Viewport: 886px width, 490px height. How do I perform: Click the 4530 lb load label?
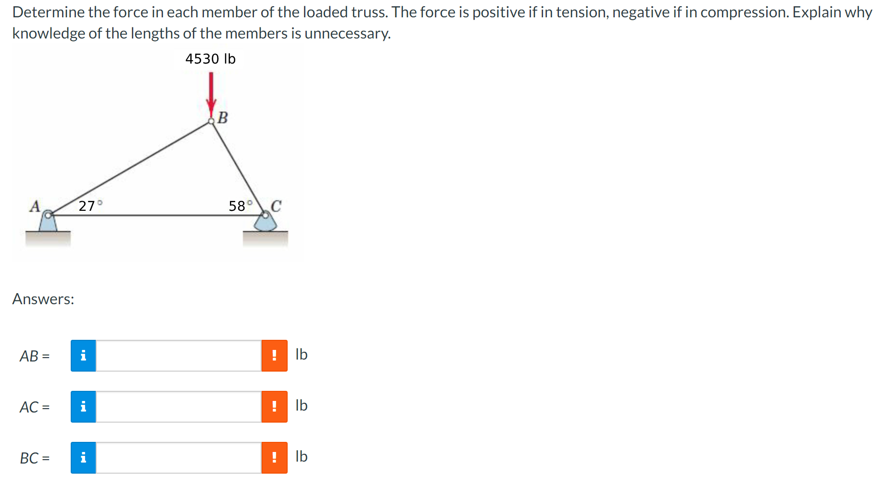[210, 59]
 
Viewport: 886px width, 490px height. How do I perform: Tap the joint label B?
[222, 117]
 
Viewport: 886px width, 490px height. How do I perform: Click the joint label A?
[35, 206]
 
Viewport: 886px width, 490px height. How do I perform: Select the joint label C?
[276, 206]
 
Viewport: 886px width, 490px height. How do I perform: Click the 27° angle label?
[90, 206]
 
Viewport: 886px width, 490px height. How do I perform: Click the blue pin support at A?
[48, 222]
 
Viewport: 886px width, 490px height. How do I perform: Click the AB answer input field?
[178, 356]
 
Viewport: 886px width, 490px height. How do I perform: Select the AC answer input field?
[178, 407]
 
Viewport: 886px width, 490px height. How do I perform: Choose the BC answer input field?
[178, 458]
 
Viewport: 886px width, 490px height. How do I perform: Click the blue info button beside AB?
[83, 356]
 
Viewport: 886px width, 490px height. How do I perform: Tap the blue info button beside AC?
[83, 407]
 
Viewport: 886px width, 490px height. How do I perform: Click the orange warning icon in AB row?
[274, 356]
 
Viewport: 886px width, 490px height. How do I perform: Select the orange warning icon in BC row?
[274, 458]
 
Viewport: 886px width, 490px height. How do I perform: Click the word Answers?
[43, 299]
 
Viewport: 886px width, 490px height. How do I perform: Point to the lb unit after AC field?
[302, 405]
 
